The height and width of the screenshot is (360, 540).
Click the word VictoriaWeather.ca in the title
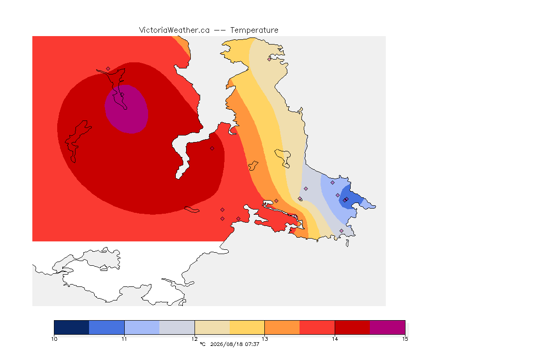click(x=174, y=30)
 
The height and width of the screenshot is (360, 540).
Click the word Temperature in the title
click(x=254, y=30)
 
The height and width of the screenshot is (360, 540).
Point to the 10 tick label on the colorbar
click(x=54, y=339)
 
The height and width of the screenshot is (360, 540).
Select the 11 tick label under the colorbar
click(x=124, y=339)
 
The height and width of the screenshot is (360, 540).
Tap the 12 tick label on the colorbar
click(x=195, y=339)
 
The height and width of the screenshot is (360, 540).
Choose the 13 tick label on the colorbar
click(x=265, y=339)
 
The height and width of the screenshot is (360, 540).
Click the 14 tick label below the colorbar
click(x=335, y=339)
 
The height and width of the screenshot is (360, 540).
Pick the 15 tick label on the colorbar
click(x=405, y=339)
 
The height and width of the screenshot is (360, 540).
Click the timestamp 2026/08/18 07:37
click(x=234, y=344)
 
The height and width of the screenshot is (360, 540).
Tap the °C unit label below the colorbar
click(x=202, y=344)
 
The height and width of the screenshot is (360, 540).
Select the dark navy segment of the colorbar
click(x=72, y=327)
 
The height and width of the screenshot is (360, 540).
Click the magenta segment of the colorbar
click(x=388, y=327)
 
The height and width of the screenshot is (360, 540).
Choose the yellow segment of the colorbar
click(x=247, y=327)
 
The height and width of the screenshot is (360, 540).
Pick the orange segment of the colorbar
click(x=282, y=327)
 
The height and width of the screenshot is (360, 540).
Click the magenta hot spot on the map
click(x=127, y=109)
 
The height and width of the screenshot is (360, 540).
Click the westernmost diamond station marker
click(x=108, y=69)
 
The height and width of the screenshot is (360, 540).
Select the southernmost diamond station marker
click(x=341, y=231)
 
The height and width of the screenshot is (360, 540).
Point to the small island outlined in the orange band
click(x=253, y=165)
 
